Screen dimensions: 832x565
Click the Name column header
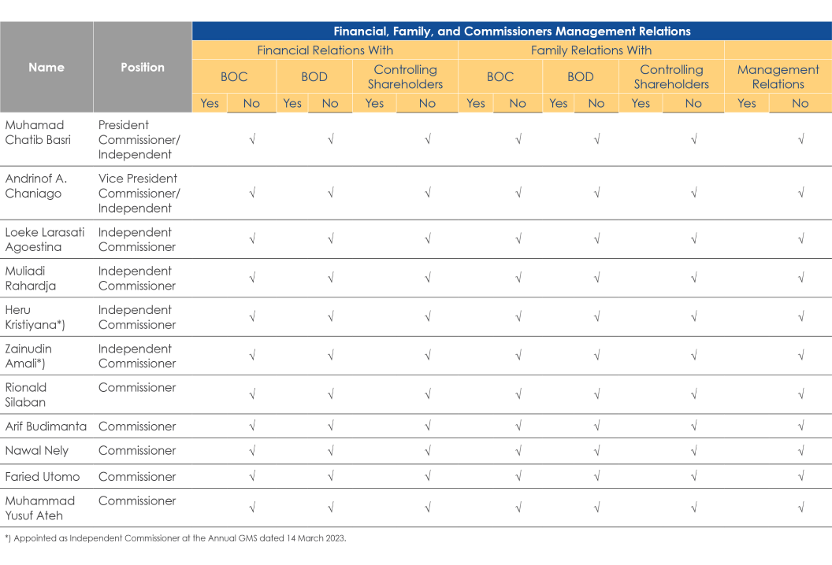tap(46, 68)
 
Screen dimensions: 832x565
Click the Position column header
tap(142, 68)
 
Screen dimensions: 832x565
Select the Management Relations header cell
tap(778, 77)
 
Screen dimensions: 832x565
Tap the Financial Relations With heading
tap(325, 50)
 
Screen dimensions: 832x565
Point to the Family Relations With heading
tap(591, 50)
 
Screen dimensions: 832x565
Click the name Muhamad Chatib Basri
tap(38, 132)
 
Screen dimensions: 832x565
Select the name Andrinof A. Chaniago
tap(36, 186)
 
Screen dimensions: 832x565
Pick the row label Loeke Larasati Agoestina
tap(45, 239)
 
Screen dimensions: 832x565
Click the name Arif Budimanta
tap(46, 427)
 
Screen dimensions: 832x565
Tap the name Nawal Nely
tap(36, 451)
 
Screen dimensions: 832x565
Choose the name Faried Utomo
tap(43, 477)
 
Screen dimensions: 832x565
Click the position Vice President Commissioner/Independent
tap(139, 194)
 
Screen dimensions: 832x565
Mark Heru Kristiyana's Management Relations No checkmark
tap(801, 317)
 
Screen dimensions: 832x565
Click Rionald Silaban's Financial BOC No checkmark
tap(253, 394)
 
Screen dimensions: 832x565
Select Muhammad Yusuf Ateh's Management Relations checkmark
tap(801, 508)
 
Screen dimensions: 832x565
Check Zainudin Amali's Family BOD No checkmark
tap(597, 356)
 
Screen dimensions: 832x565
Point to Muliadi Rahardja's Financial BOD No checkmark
tap(331, 278)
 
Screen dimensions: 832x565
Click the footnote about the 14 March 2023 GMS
tap(176, 538)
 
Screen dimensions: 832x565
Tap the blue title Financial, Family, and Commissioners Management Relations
tap(512, 31)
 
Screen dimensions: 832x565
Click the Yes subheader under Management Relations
tap(747, 103)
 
